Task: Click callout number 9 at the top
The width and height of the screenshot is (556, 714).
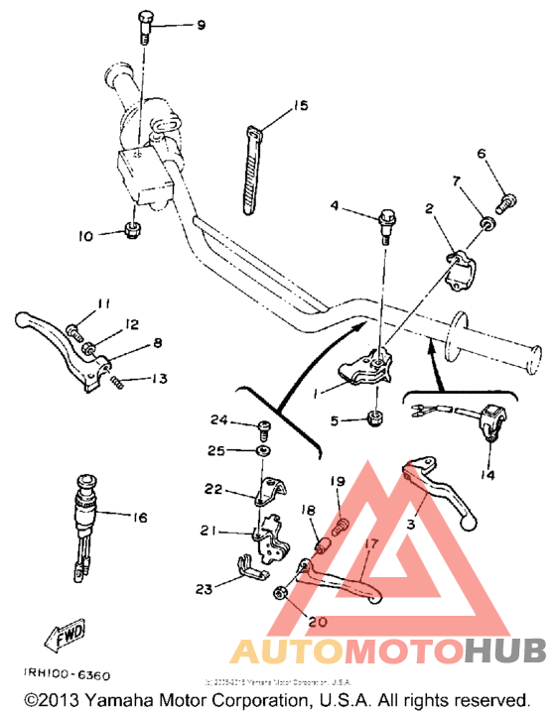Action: point(201,24)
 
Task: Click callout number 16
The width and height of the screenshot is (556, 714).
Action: point(139,518)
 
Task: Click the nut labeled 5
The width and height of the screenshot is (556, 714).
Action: point(377,418)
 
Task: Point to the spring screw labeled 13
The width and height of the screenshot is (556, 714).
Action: point(119,379)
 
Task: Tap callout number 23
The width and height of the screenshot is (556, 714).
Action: point(205,590)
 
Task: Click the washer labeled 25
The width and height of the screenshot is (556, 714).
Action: point(262,450)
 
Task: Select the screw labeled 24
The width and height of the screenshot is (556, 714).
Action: point(262,428)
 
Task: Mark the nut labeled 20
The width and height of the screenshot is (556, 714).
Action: point(281,592)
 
